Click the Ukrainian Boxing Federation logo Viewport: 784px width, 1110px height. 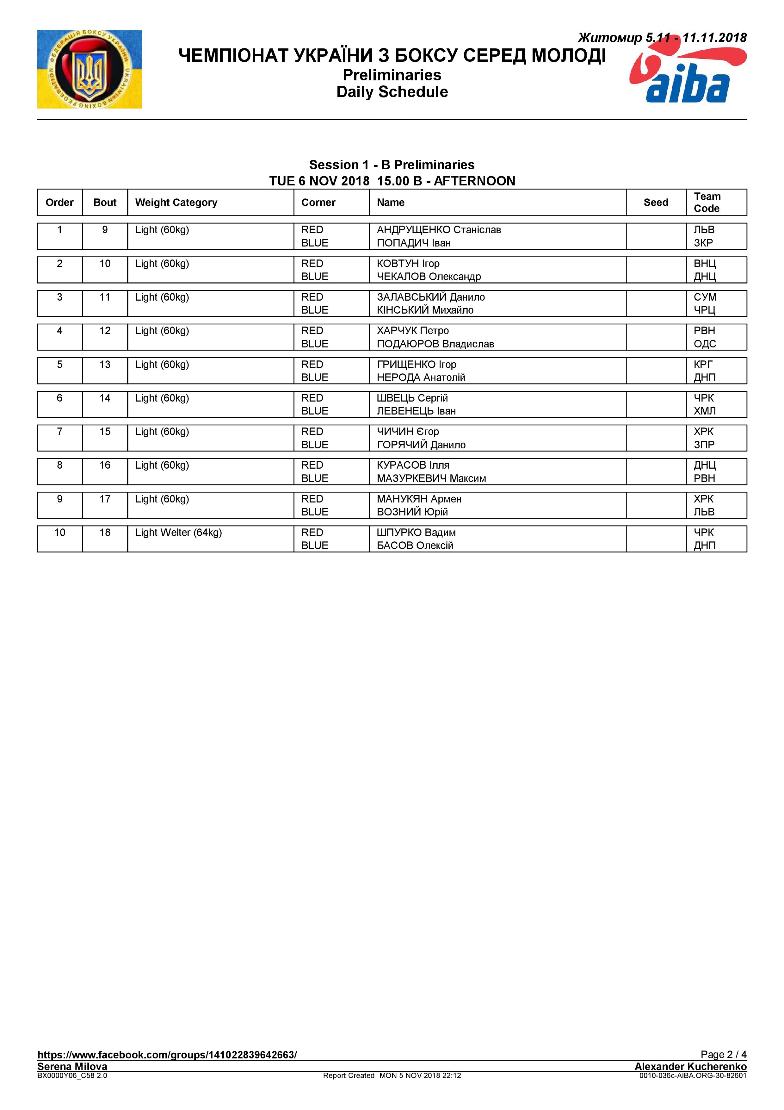(90, 69)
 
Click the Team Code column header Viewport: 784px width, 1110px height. (707, 203)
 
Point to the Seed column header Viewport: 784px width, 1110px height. (656, 203)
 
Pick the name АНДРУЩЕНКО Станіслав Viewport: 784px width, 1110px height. (439, 230)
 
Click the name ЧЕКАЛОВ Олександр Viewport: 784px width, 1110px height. (429, 277)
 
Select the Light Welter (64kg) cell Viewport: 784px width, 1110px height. (178, 532)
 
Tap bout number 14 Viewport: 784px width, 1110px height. (105, 398)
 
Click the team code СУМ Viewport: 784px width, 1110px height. (705, 297)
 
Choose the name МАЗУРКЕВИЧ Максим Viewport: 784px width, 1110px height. (431, 478)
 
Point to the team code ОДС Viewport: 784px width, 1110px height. (705, 344)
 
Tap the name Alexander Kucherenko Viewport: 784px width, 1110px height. (690, 1066)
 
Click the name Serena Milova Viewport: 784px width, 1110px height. (72, 1066)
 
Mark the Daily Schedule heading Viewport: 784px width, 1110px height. (392, 92)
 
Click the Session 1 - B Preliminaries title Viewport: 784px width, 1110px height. (392, 165)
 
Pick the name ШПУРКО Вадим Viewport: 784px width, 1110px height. (416, 532)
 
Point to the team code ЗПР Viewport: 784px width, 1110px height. (704, 445)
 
